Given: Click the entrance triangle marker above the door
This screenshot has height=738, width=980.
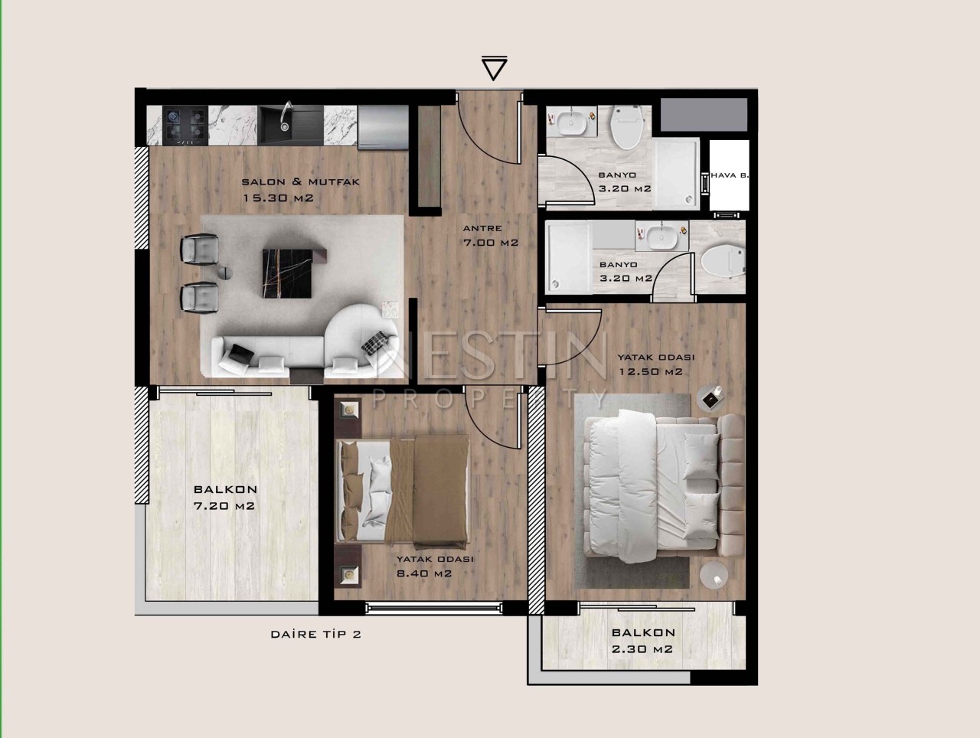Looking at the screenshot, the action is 494,69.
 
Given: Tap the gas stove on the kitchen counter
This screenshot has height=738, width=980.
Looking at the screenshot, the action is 185,126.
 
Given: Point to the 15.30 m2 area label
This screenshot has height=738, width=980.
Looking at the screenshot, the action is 278,198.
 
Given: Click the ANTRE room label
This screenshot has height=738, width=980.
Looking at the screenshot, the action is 482,228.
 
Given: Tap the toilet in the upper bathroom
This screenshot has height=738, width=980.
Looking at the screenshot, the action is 627,127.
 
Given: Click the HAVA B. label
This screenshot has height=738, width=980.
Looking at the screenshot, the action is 730,175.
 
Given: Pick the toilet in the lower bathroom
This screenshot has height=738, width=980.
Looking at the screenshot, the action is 723,260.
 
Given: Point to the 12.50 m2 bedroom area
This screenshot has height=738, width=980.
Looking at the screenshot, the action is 651,372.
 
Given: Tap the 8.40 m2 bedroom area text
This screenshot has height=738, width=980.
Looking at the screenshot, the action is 424,573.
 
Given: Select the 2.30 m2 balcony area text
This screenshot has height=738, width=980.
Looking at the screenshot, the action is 642,649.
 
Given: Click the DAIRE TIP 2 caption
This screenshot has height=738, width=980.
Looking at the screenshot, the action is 315,634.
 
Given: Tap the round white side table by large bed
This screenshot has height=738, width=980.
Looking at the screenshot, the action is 714,575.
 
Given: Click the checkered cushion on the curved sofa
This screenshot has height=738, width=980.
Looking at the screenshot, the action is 374,343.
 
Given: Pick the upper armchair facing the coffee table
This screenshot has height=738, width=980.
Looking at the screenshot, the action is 200,250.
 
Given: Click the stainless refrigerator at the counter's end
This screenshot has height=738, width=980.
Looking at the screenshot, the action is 383,127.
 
